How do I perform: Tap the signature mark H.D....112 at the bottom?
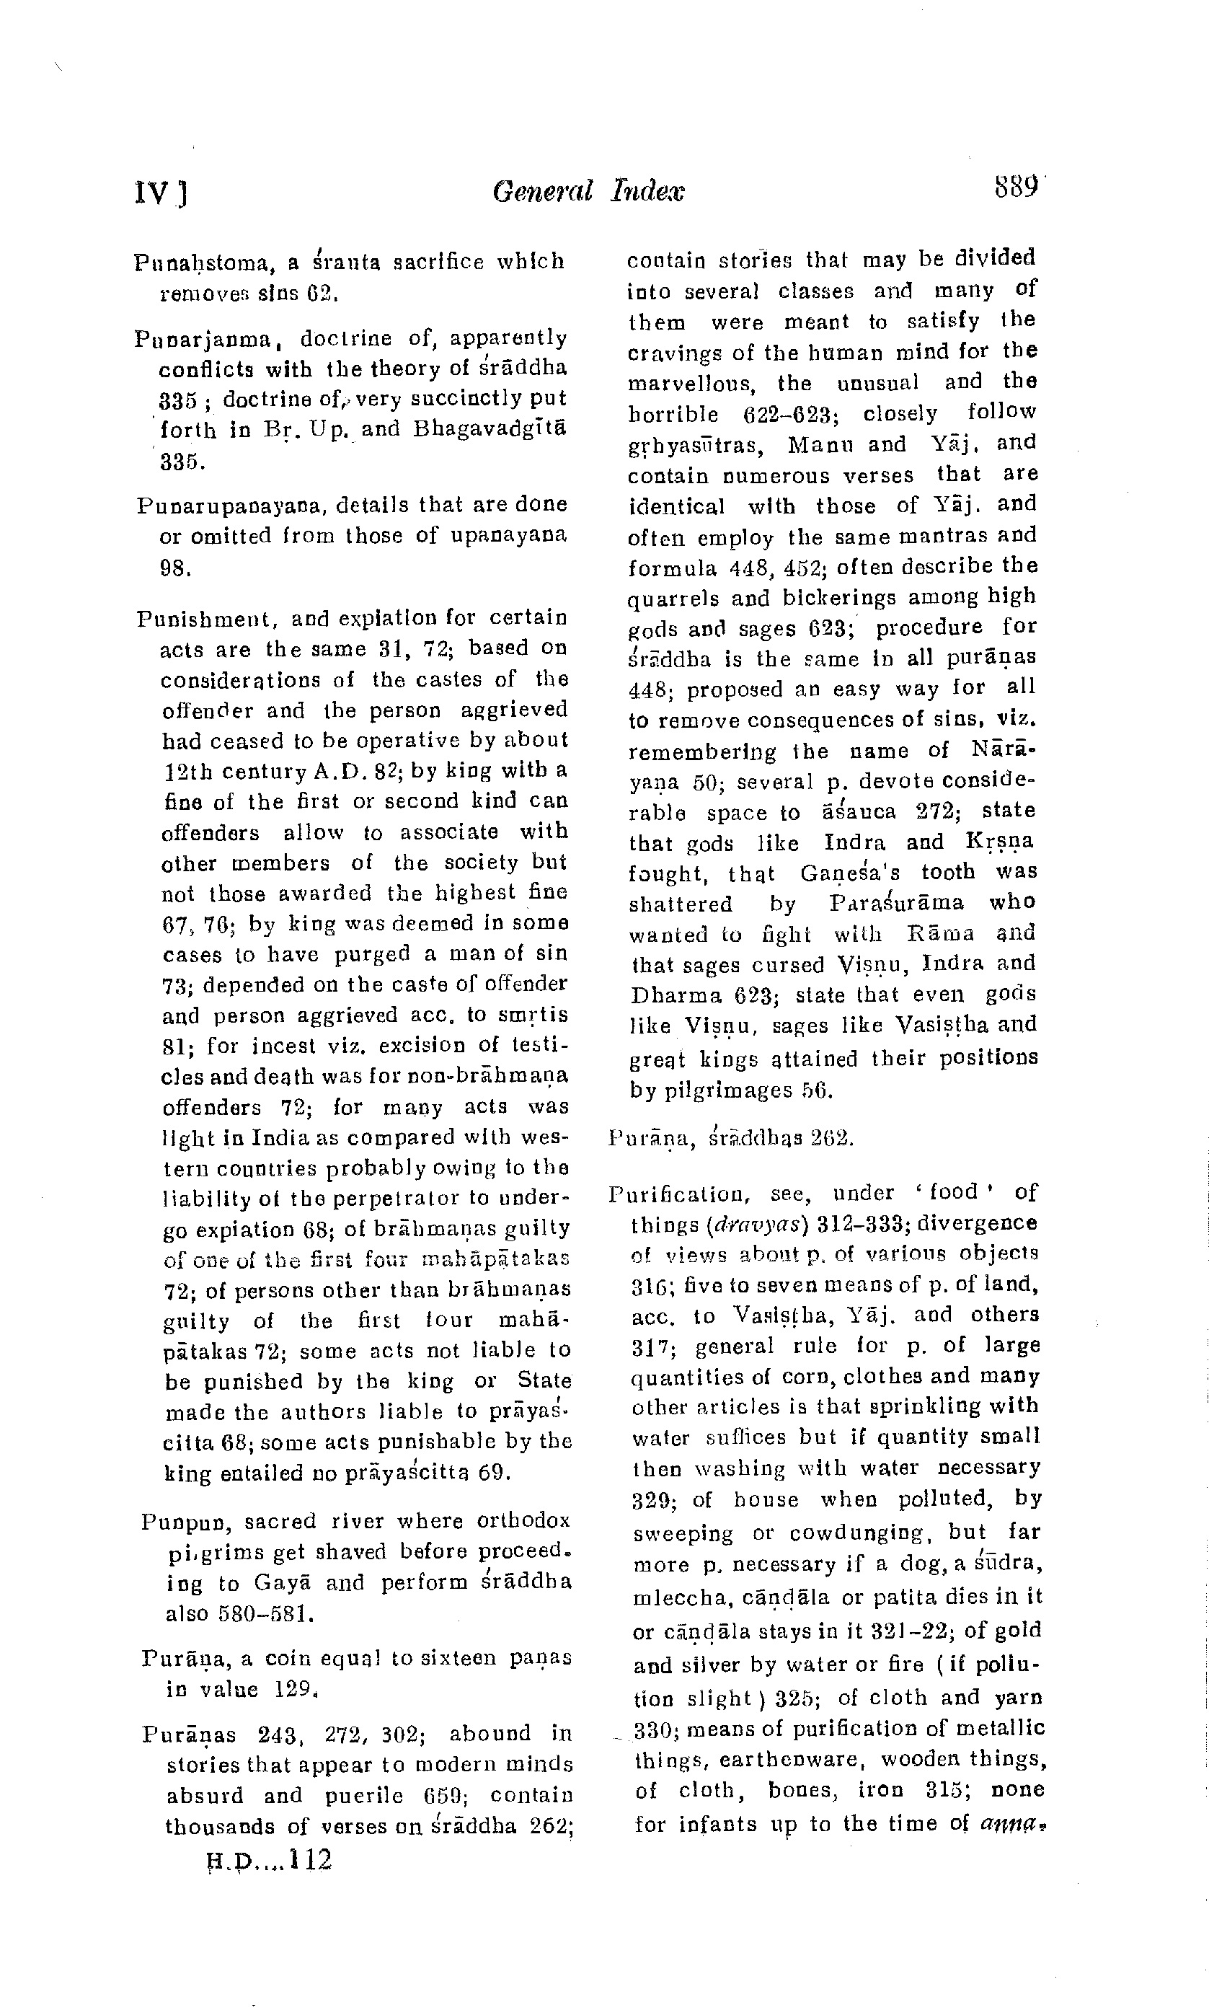(269, 1861)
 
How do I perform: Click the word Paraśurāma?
(896, 904)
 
